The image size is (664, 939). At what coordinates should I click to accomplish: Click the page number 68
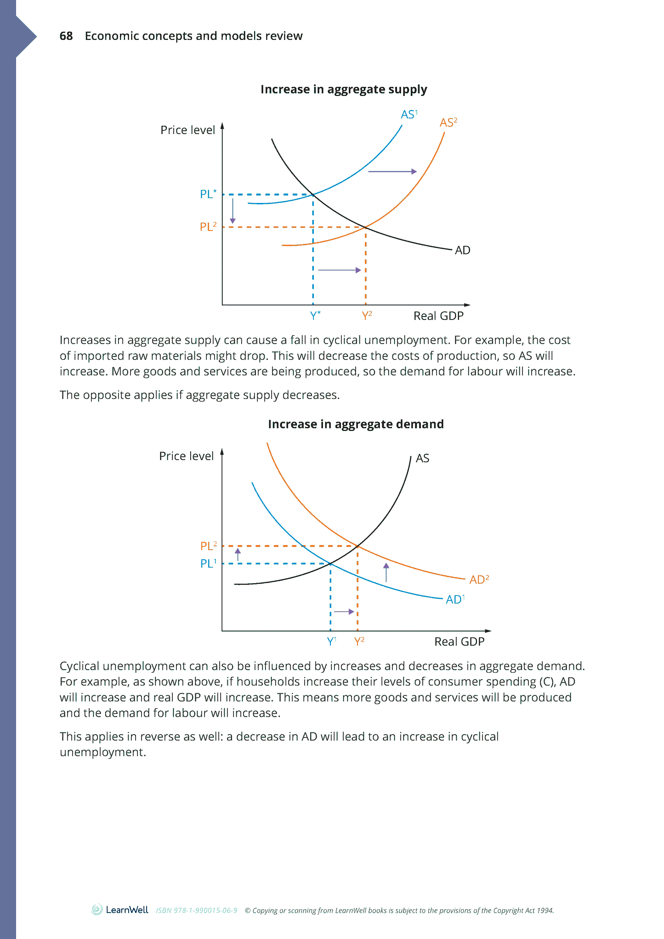click(66, 36)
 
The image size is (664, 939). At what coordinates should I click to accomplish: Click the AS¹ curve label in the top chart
click(409, 114)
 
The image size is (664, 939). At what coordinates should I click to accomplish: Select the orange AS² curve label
click(448, 123)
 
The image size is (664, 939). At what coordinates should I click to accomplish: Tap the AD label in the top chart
click(462, 250)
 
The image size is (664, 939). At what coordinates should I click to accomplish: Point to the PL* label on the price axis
click(208, 194)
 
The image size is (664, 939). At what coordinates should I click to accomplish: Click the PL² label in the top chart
click(208, 227)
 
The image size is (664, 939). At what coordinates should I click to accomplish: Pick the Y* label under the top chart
click(315, 316)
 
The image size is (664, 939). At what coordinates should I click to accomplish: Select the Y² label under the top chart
click(366, 316)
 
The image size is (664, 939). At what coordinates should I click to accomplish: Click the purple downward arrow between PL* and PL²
click(233, 211)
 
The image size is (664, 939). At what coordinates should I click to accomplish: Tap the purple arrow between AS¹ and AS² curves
click(392, 172)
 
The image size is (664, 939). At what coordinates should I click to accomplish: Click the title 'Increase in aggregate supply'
click(344, 89)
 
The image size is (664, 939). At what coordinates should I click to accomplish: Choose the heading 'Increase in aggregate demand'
click(356, 424)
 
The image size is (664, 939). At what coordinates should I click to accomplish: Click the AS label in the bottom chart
click(422, 458)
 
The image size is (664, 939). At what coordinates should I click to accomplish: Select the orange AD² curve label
click(479, 579)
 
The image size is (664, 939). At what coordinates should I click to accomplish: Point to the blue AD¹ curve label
click(455, 599)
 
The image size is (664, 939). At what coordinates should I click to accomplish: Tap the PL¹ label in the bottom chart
click(208, 563)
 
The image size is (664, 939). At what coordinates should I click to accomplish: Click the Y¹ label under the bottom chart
click(332, 641)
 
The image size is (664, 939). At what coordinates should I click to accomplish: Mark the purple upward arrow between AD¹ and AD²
click(386, 573)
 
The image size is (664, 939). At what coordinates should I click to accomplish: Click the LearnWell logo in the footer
click(120, 910)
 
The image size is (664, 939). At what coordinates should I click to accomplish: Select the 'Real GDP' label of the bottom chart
click(459, 641)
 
